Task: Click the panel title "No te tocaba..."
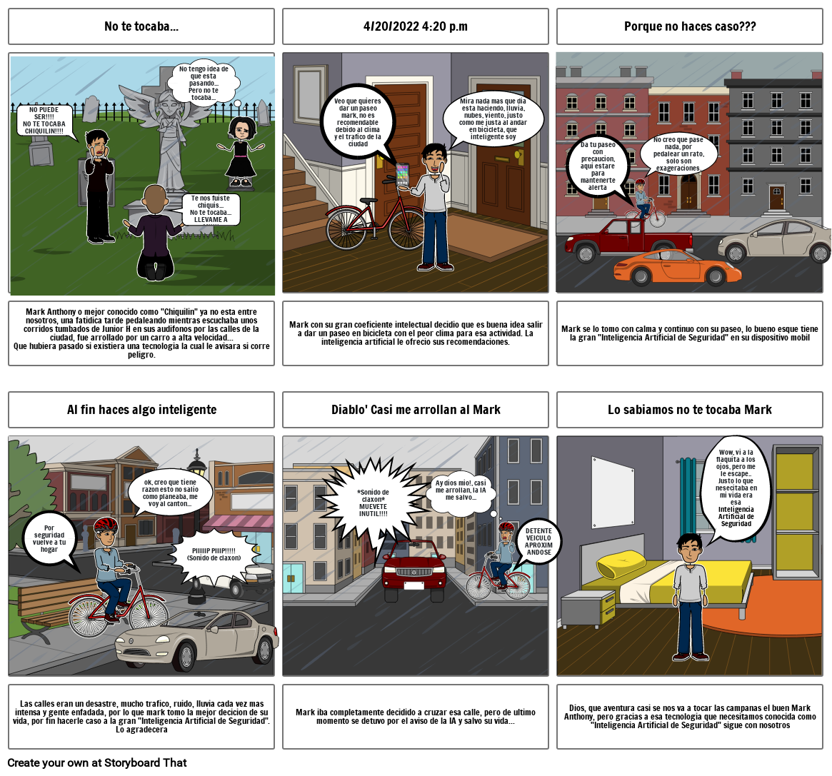coord(141,26)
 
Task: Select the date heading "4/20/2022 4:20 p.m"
coord(416,26)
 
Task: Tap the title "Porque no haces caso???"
coord(690,26)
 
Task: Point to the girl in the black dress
coord(241,151)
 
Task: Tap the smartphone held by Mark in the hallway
coord(403,174)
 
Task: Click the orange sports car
coord(678,267)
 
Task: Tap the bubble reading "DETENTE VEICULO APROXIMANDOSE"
coord(538,542)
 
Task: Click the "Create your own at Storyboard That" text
coord(97,762)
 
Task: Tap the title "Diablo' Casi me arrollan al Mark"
coord(416,410)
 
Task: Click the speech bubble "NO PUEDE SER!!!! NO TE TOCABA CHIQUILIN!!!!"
coord(44,121)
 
